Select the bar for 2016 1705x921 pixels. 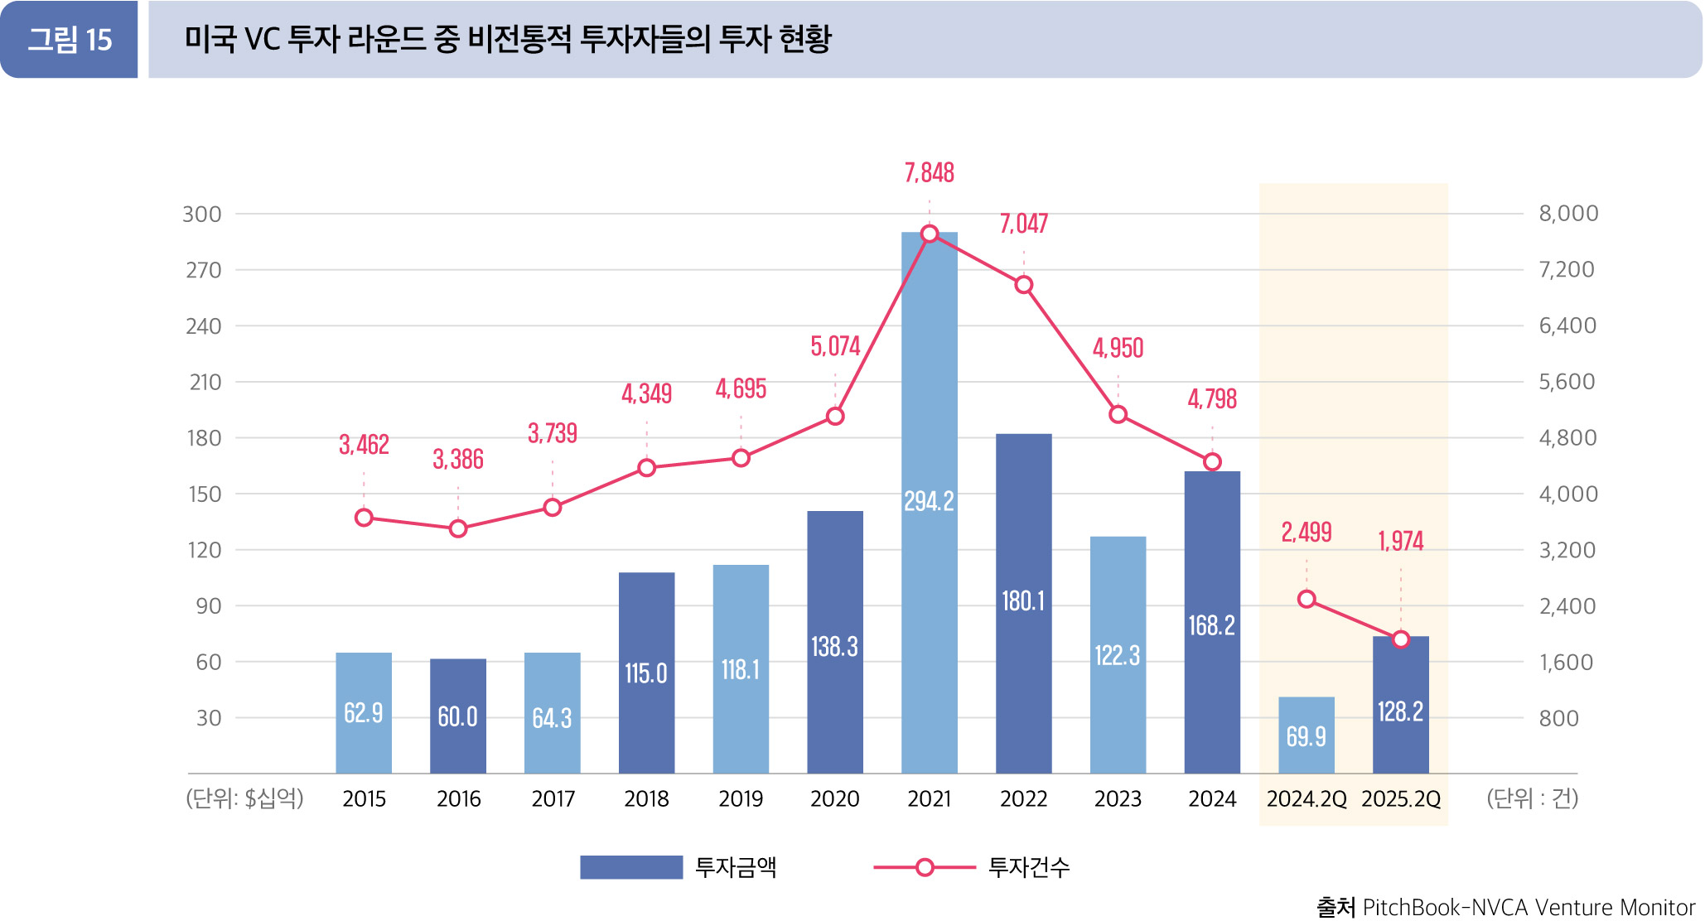click(457, 716)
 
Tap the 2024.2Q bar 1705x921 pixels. click(1306, 735)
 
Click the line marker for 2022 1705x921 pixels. click(1023, 285)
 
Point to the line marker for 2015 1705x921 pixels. click(364, 518)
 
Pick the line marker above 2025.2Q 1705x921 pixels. click(1400, 639)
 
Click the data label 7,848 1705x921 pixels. click(929, 172)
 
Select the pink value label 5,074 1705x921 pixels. click(835, 345)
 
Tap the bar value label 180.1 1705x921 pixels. click(1023, 600)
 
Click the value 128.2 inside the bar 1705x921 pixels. click(1400, 711)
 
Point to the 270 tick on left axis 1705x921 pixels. click(203, 270)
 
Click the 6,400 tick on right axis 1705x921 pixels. click(1567, 325)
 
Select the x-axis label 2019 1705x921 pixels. click(741, 798)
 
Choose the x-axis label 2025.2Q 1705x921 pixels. click(1400, 798)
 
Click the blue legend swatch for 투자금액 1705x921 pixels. click(630, 867)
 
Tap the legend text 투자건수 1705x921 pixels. click(1028, 867)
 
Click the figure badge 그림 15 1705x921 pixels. click(70, 40)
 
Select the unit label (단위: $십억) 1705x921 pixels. click(244, 798)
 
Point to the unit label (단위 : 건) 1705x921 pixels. click(1532, 798)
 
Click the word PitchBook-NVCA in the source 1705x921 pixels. click(1445, 908)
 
